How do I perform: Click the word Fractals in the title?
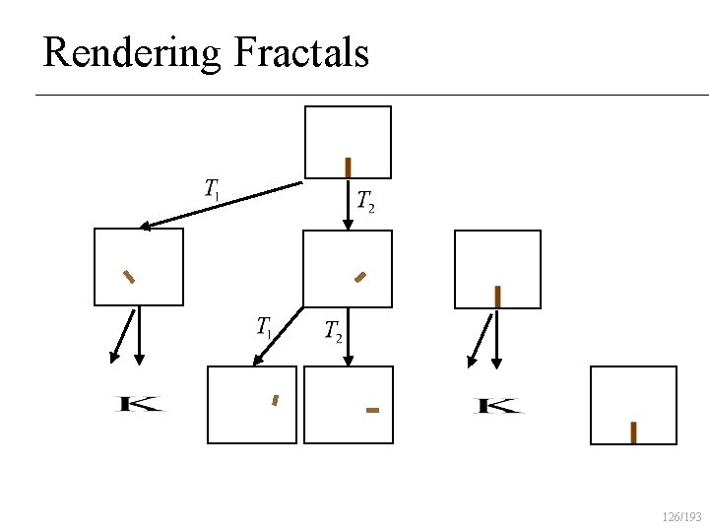tap(301, 52)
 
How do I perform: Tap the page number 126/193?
tap(682, 516)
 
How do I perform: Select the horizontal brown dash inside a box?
tap(372, 409)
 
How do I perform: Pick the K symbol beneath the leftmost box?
tap(140, 404)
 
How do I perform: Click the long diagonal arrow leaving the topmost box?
tap(222, 205)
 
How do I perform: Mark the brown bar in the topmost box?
tap(348, 167)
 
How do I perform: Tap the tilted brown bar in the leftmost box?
tap(128, 276)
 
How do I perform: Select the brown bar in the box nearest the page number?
tap(633, 432)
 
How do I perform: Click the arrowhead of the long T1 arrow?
tap(145, 227)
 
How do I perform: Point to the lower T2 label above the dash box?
tap(334, 332)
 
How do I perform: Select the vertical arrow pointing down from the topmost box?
tap(348, 205)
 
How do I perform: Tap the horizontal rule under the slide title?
tap(372, 95)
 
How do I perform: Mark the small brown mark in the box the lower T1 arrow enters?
tap(276, 400)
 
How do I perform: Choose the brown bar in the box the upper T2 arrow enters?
tap(360, 277)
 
